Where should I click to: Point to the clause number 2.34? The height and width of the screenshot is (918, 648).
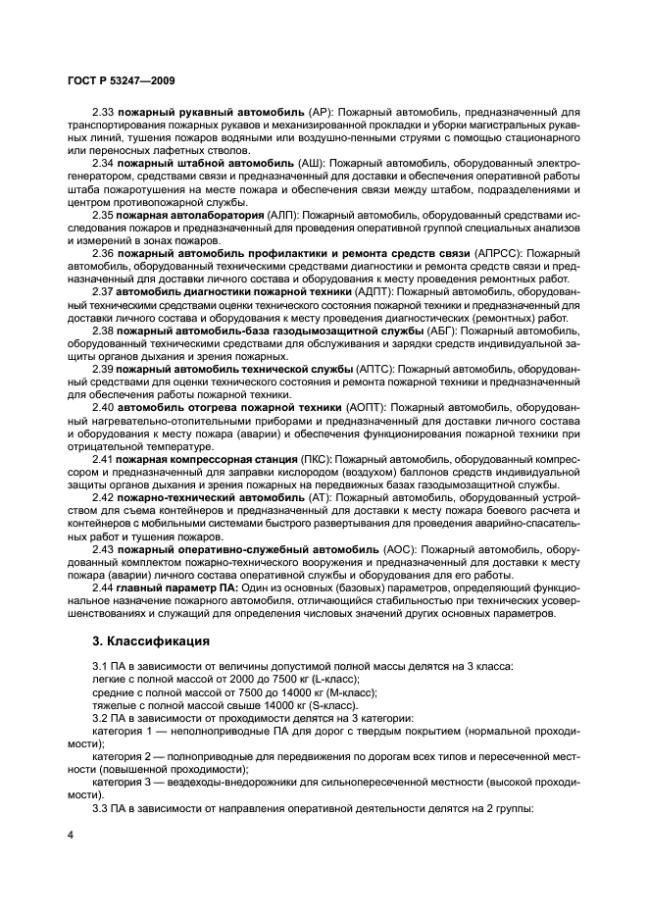point(103,162)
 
